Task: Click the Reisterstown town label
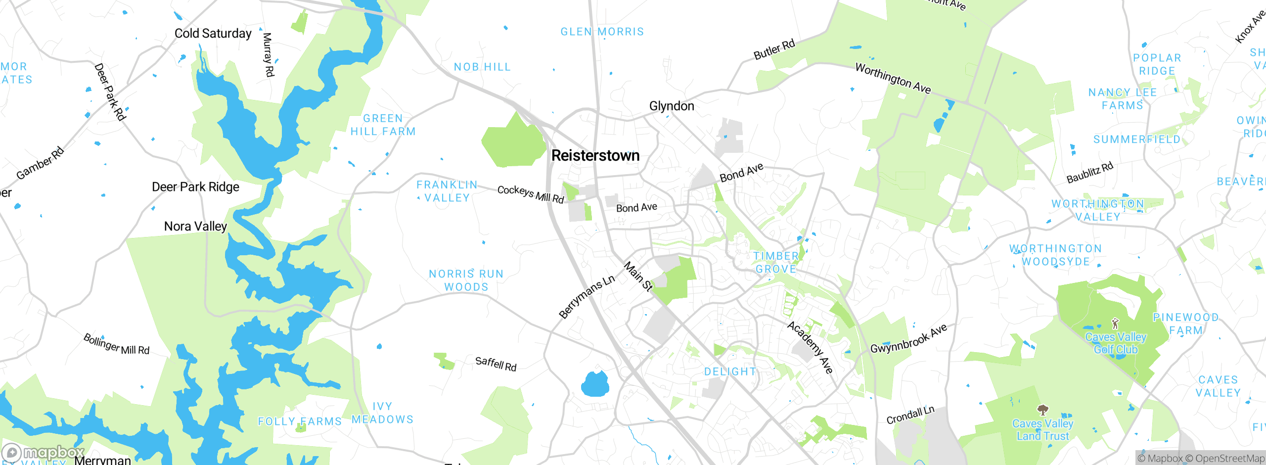[595, 155]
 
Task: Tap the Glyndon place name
[671, 106]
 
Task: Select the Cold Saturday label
[213, 33]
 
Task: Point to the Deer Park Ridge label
[195, 186]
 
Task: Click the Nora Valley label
[195, 226]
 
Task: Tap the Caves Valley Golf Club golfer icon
[1115, 324]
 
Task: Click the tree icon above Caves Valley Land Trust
[1042, 410]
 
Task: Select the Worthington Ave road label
[893, 78]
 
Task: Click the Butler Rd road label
[774, 49]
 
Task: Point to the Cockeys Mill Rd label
[530, 194]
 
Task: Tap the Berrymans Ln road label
[587, 296]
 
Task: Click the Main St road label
[638, 277]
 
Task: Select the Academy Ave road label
[810, 347]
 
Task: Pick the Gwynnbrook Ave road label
[908, 338]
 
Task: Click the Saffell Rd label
[496, 364]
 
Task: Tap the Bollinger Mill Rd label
[116, 344]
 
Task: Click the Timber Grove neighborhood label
[775, 262]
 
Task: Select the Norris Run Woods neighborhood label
[466, 280]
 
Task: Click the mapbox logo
[44, 453]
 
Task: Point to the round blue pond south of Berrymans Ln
[595, 384]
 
